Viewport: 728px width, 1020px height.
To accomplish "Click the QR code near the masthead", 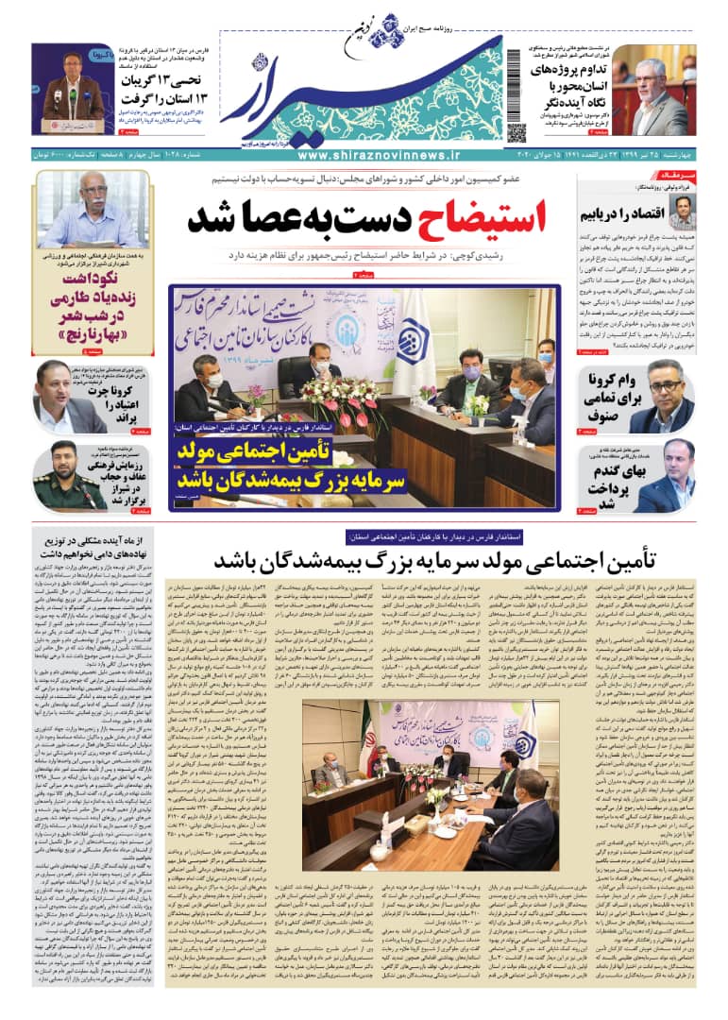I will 516,132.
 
